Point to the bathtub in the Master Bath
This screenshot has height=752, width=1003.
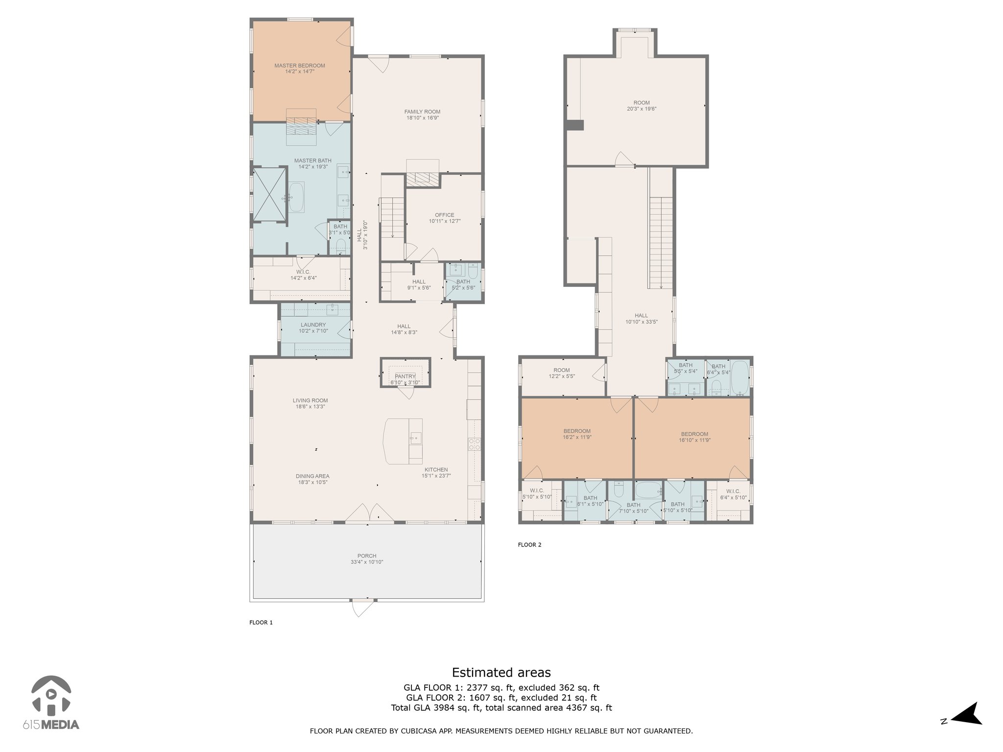pyautogui.click(x=296, y=197)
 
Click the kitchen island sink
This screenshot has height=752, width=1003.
pyautogui.click(x=415, y=438)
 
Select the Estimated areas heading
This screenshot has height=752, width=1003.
pyautogui.click(x=501, y=672)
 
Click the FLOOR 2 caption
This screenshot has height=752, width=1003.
pyautogui.click(x=529, y=544)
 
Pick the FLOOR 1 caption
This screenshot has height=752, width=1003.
pyautogui.click(x=261, y=622)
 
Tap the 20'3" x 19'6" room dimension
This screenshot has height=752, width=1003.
pyautogui.click(x=642, y=109)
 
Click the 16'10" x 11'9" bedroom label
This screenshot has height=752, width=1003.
pyautogui.click(x=694, y=440)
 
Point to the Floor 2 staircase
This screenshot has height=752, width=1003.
pyautogui.click(x=661, y=243)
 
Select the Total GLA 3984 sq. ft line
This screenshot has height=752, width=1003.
pyautogui.click(x=501, y=707)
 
